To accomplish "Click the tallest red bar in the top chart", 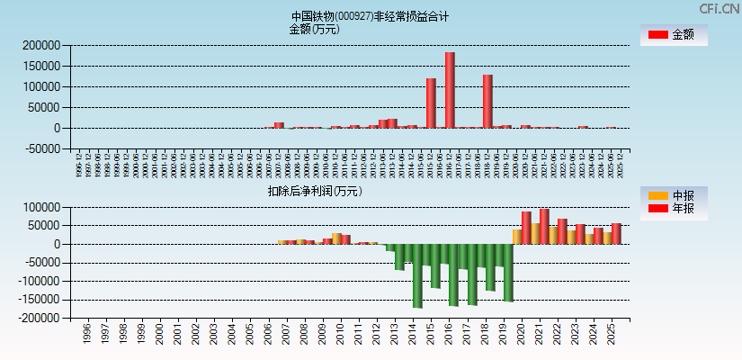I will coord(450,90).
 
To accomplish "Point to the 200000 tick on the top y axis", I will coord(40,45).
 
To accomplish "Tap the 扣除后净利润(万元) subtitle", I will coord(315,191).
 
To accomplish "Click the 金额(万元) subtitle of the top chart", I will coord(314,29).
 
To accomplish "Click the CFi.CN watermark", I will coord(720,8).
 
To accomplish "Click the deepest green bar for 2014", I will coord(417,275).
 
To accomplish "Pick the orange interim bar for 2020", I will coord(517,237).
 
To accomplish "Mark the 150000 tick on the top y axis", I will coord(40,66).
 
